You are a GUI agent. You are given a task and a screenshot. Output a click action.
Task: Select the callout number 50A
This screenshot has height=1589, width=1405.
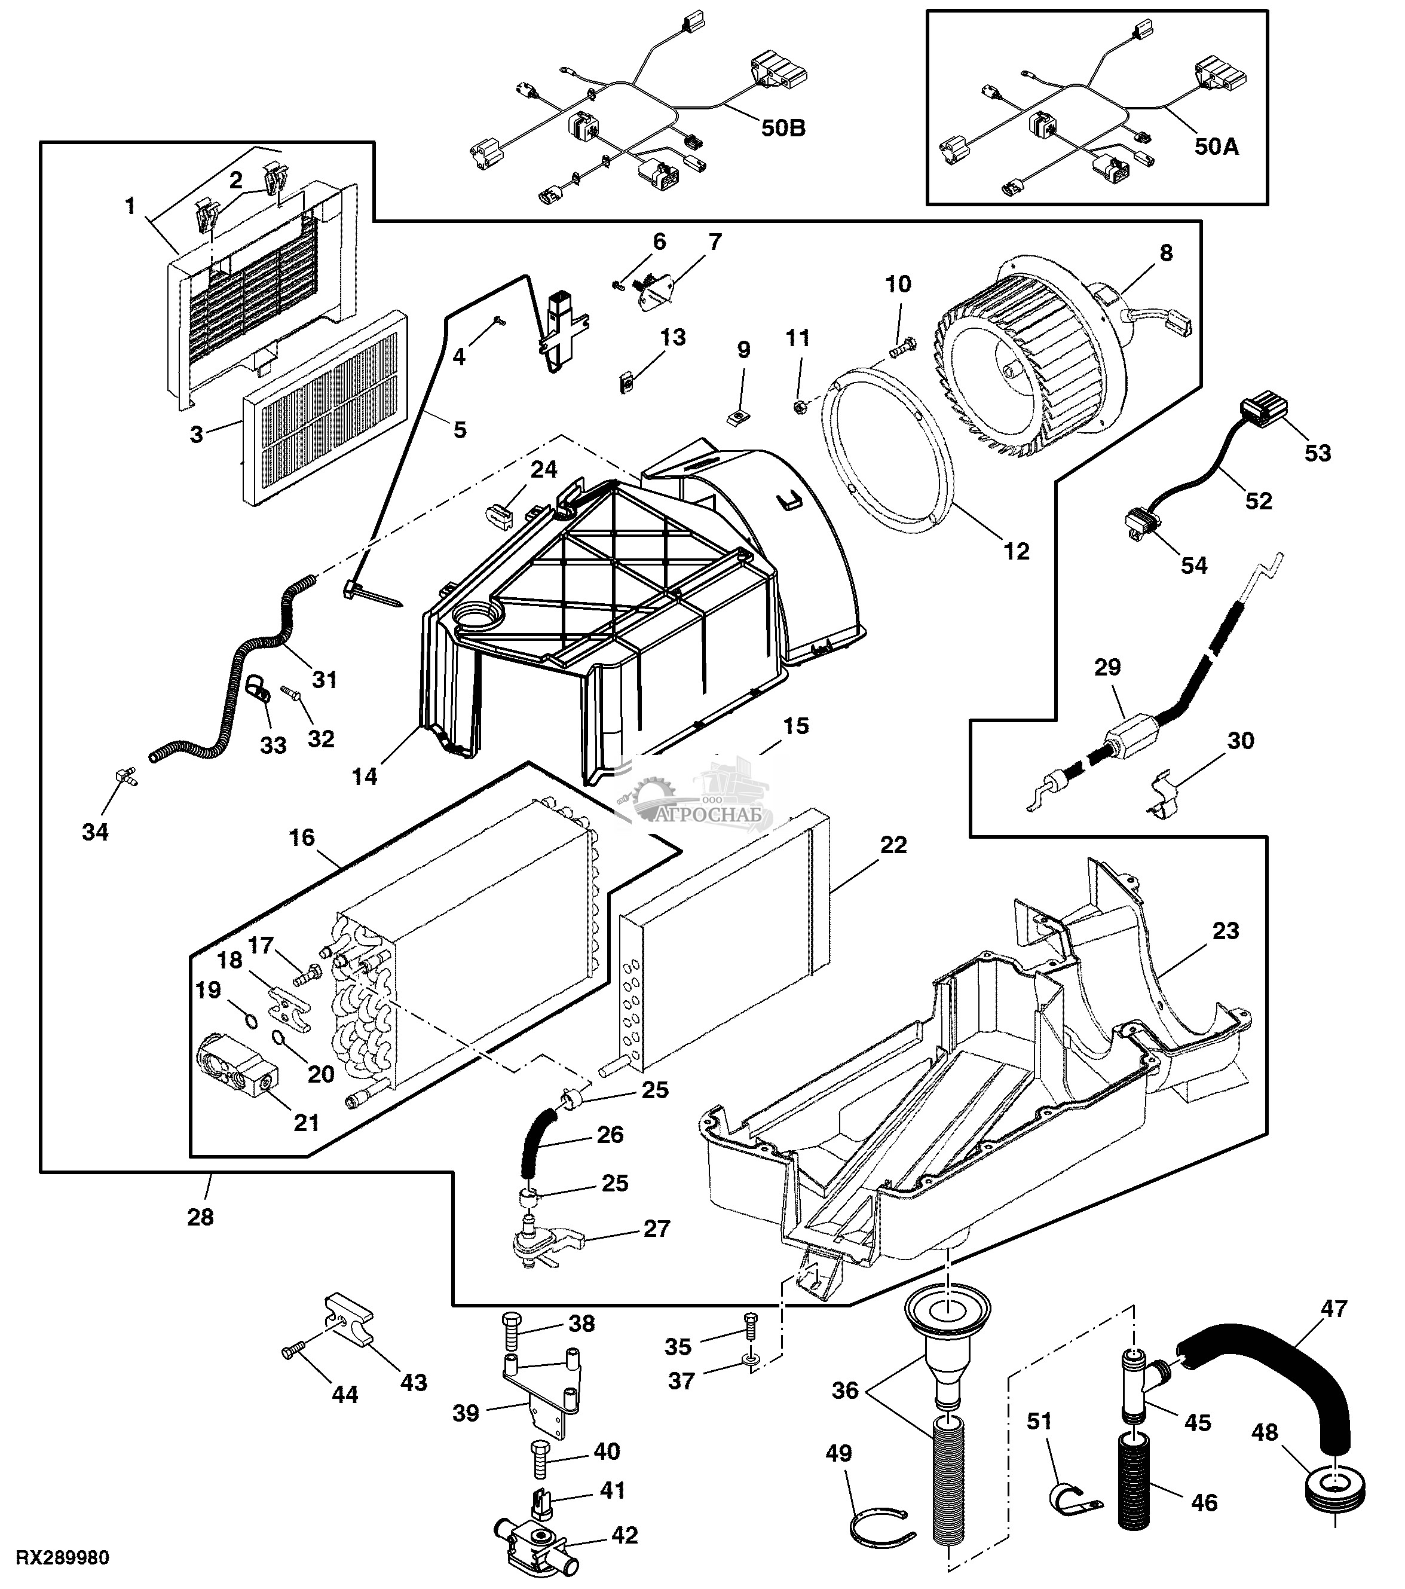tap(1216, 145)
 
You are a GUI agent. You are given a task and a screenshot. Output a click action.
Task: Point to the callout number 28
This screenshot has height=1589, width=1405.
tap(200, 1217)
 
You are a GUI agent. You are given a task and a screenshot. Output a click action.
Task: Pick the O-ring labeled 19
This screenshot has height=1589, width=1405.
tap(249, 1020)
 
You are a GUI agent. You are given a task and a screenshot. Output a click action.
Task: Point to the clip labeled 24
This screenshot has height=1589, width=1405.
tap(499, 512)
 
